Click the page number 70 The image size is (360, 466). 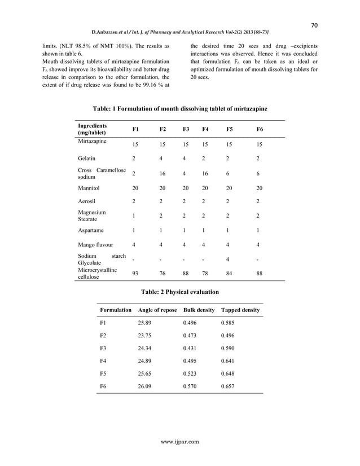[x=316, y=25]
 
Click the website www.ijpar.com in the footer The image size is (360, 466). [x=180, y=441]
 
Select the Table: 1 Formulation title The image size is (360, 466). [x=179, y=108]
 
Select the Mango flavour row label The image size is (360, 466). [x=95, y=245]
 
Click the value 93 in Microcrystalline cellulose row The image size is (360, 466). [x=135, y=274]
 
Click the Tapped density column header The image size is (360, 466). [x=240, y=310]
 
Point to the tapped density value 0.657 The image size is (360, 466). [x=229, y=387]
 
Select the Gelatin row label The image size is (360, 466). [x=86, y=159]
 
